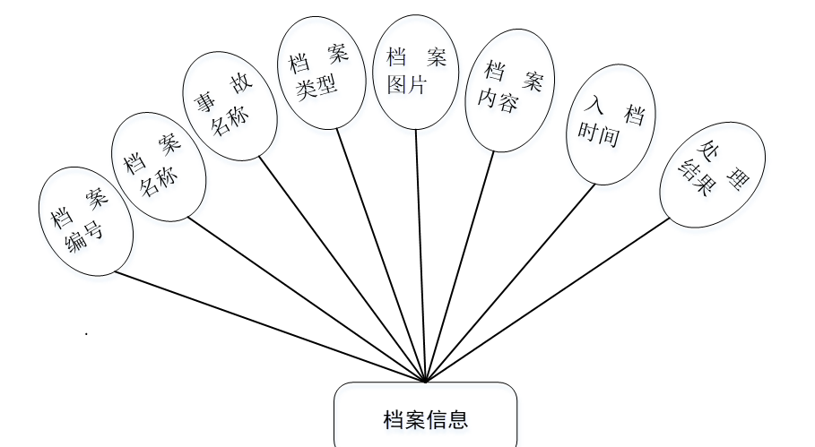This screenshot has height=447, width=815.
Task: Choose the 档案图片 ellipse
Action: click(x=415, y=74)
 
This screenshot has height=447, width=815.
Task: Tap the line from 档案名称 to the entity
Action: click(x=305, y=297)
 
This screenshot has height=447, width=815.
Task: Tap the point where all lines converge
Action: click(x=426, y=381)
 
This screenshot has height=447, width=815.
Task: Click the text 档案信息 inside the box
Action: click(x=425, y=419)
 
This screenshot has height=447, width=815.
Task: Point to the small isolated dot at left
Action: click(x=86, y=334)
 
